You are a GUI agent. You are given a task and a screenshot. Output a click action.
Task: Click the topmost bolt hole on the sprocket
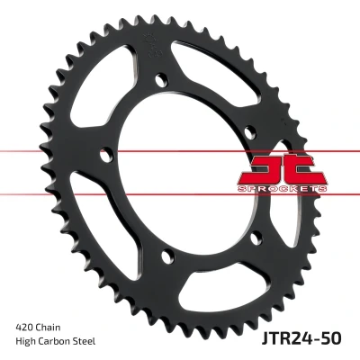coord(162,79)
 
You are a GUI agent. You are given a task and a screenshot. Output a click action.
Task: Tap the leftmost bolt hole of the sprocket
coord(106,155)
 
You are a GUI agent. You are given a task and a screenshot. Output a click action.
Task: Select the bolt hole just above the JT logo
coord(250,132)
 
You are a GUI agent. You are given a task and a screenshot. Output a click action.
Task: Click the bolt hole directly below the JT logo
coord(256,238)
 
